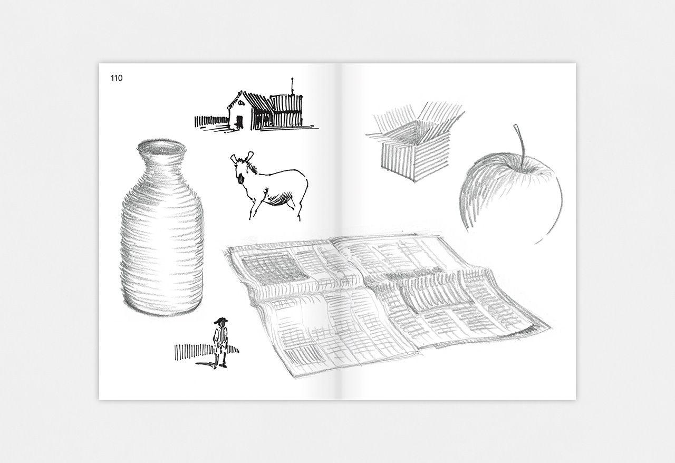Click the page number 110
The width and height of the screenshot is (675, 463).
[x=117, y=78]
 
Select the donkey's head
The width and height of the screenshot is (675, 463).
[x=243, y=167]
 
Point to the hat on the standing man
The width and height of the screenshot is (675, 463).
[x=221, y=321]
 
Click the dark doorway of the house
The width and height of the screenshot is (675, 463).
[x=239, y=121]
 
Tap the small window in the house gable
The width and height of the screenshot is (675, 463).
[x=241, y=103]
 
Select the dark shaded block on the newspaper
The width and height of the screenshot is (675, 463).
[x=273, y=268]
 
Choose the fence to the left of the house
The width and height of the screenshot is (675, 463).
[x=211, y=121]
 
